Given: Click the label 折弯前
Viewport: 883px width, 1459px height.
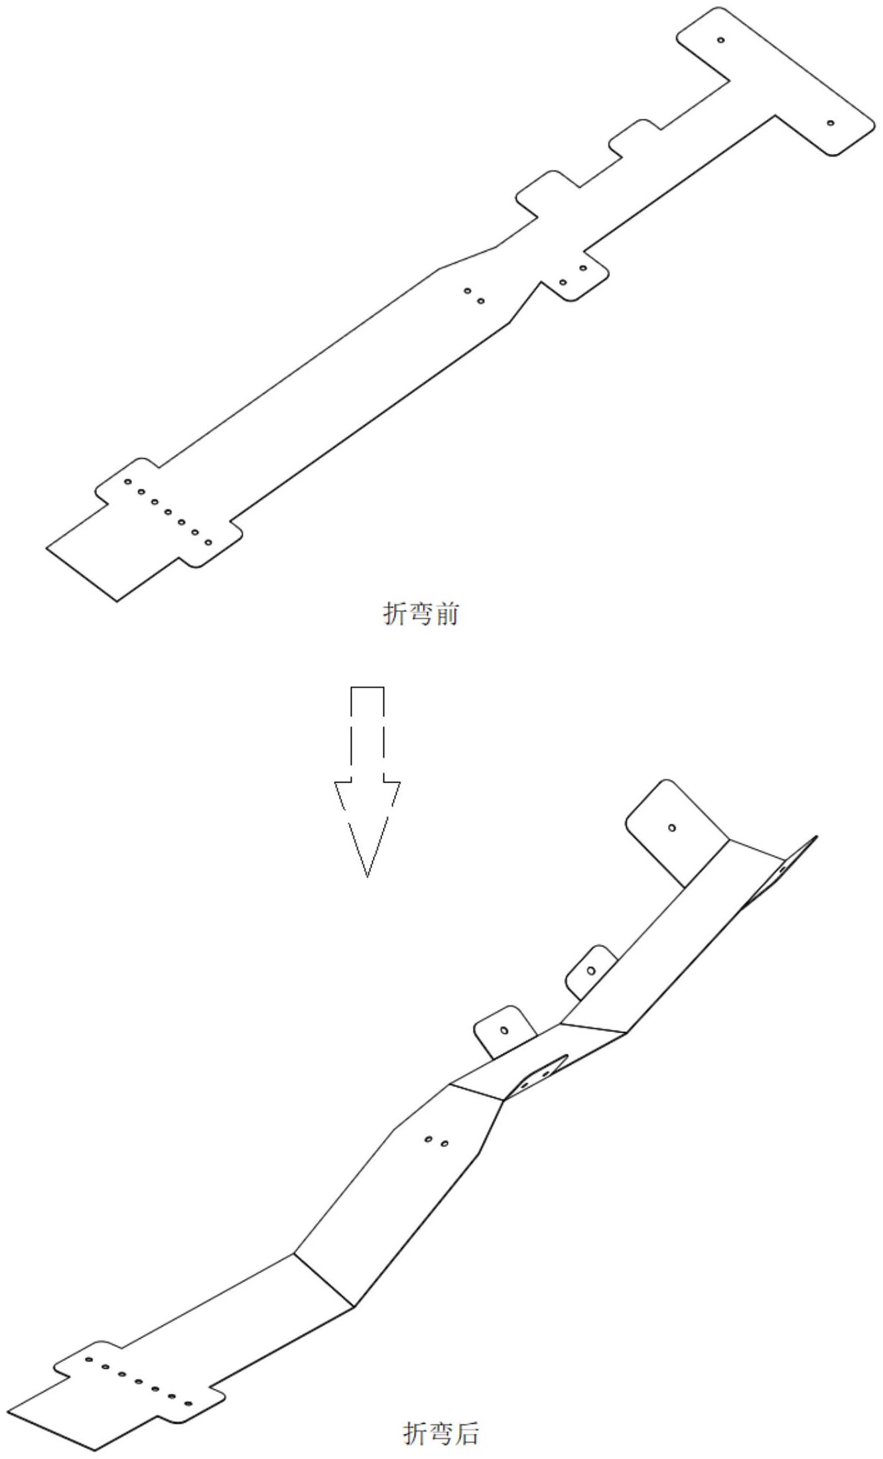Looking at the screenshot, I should click(421, 614).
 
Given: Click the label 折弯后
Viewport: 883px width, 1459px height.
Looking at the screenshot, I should click(441, 1433).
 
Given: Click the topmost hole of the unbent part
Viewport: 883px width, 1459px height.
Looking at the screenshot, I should click(721, 40).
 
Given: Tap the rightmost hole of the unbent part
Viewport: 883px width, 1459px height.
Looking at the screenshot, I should click(830, 123).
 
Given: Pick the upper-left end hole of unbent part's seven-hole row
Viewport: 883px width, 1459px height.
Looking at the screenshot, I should click(128, 481).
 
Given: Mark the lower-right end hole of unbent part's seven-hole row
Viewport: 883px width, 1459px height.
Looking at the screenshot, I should click(208, 542).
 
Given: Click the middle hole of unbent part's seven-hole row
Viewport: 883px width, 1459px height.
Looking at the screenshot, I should click(168, 512).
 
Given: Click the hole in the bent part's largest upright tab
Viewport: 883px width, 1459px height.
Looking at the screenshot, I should click(672, 828).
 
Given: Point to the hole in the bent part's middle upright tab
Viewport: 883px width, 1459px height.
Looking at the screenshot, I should click(591, 971).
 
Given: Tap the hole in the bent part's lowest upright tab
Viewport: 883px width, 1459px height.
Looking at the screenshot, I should click(504, 1030).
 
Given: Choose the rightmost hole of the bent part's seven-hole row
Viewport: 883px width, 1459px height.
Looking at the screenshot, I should click(188, 1405).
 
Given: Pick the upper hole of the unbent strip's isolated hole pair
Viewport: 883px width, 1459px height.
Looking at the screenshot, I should click(467, 290).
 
